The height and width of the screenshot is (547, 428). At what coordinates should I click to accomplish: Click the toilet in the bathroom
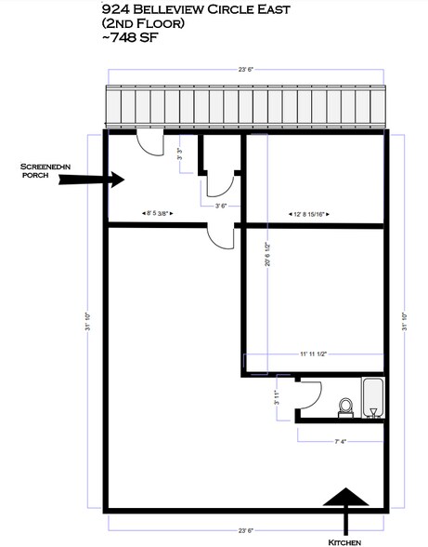pos(345,407)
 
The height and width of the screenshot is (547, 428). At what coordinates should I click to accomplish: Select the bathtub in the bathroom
pos(373,397)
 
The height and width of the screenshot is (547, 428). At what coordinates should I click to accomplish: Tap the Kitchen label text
pos(344,542)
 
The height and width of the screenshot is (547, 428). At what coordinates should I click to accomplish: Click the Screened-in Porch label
pos(45,170)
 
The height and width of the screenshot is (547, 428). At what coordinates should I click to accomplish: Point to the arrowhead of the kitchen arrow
pos(345,497)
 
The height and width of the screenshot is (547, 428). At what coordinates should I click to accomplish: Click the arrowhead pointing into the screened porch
pos(118,180)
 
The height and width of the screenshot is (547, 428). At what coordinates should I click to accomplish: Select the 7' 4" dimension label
pos(340,441)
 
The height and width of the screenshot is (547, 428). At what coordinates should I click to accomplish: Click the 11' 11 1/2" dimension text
pos(313,354)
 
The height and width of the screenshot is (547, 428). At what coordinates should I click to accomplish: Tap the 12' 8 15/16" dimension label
pos(309,214)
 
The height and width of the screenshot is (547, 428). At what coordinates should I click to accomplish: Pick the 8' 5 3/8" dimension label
pos(158,213)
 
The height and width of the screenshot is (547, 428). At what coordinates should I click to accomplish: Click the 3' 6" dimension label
pos(221,206)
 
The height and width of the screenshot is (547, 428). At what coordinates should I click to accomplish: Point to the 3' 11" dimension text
pos(277,397)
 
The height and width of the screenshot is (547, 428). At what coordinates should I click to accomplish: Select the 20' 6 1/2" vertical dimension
pos(267,254)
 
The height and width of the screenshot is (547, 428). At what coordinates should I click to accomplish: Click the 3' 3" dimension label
pos(180,153)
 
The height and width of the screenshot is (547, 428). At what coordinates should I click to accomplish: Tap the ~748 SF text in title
pos(130,37)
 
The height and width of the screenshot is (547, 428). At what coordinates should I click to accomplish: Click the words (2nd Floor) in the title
pos(143,23)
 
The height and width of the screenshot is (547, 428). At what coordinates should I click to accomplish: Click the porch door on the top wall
pos(149,142)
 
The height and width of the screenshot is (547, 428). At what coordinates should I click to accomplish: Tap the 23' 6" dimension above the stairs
pos(246,70)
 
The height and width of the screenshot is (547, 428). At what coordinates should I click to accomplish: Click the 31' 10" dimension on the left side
pos(88,321)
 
